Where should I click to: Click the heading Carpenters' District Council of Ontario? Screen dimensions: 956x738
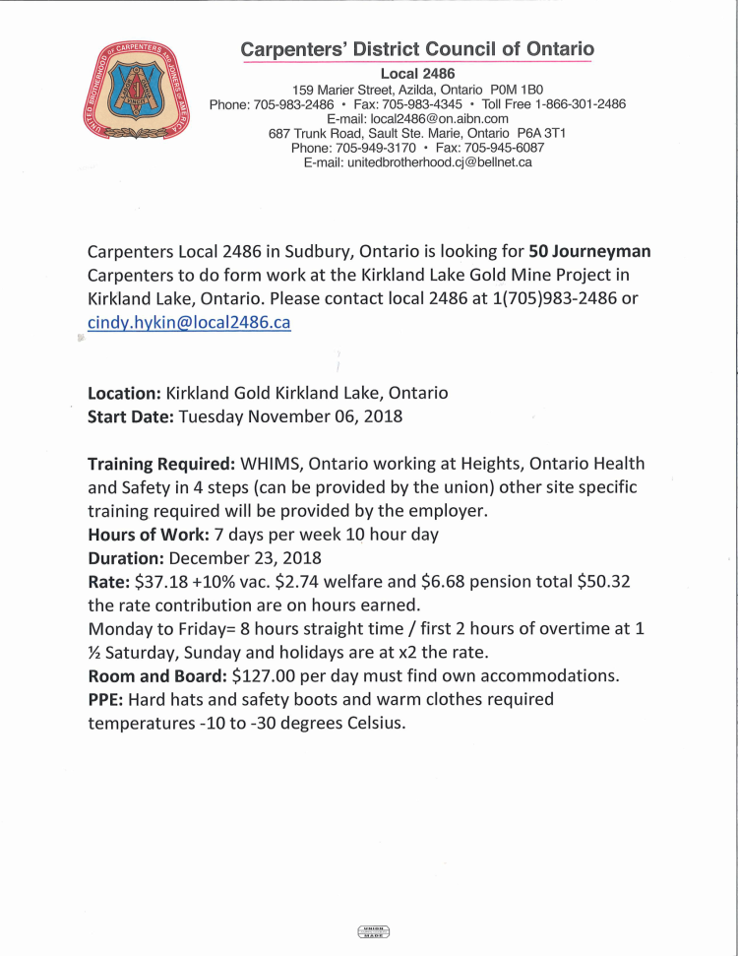417,49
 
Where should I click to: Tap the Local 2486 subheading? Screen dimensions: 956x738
417,74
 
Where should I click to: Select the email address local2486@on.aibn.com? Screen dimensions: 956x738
417,118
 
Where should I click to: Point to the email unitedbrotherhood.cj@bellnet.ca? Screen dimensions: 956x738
417,162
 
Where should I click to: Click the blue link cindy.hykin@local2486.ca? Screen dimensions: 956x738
189,323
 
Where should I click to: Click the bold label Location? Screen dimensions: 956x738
125,393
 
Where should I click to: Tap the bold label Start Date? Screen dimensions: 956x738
131,416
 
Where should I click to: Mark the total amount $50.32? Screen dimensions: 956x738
600,582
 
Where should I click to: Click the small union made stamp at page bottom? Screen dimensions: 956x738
373,931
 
